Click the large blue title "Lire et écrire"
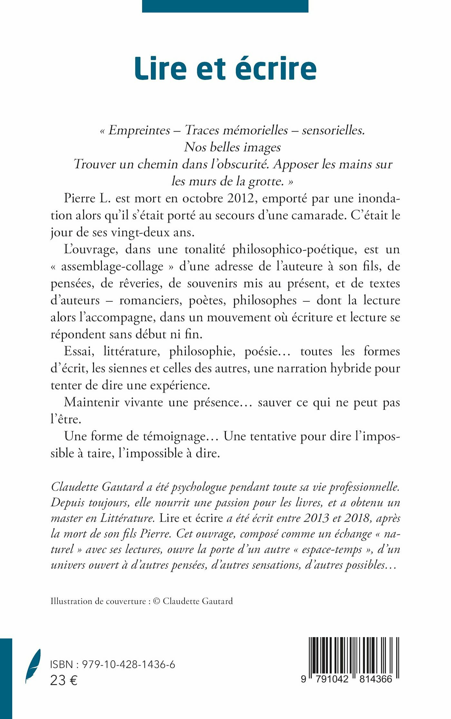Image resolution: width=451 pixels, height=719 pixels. tap(225, 69)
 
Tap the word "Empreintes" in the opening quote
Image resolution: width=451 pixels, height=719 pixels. tap(139, 130)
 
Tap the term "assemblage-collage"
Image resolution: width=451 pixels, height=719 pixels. tap(112, 267)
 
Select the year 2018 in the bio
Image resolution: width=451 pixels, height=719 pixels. tap(358, 518)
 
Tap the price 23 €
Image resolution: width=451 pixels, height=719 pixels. tap(64, 680)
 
